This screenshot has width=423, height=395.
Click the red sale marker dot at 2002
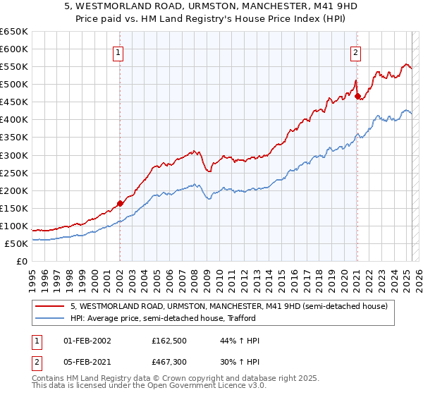(x=120, y=203)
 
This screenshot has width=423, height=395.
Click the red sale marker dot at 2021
(x=357, y=96)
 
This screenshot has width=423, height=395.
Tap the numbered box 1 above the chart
(x=118, y=51)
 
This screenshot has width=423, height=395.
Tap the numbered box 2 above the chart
(x=356, y=51)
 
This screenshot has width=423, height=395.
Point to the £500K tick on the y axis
(x=14, y=84)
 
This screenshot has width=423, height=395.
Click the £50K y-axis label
(x=16, y=243)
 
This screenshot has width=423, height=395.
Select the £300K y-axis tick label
(x=14, y=155)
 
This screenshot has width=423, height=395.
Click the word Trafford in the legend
(x=251, y=319)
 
